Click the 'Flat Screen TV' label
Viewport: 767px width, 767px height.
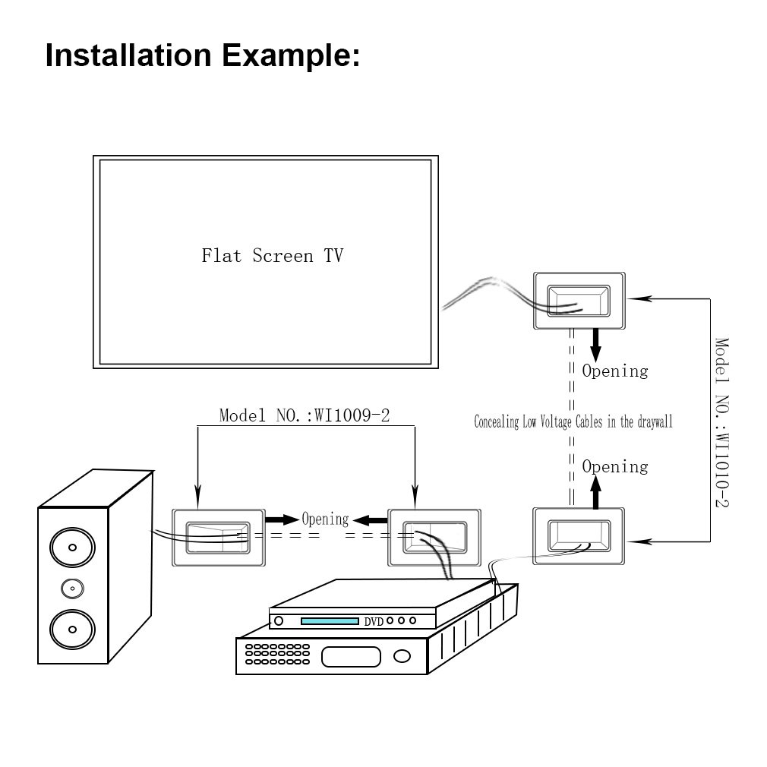[x=273, y=256]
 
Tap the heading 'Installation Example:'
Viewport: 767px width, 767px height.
[x=203, y=55]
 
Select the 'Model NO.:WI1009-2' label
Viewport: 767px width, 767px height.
[x=305, y=416]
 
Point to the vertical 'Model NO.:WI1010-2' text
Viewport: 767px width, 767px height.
[x=722, y=423]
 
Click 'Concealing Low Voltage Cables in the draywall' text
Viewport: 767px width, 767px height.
[x=573, y=422]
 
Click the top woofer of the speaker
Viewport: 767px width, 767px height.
[x=72, y=548]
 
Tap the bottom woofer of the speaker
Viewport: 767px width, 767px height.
[x=72, y=630]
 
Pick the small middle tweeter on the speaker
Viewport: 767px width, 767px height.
[x=72, y=589]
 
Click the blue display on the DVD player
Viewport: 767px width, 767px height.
[x=330, y=621]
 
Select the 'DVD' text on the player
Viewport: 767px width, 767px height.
[x=374, y=622]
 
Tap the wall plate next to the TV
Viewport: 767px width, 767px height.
[x=579, y=301]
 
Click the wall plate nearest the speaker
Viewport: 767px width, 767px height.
[x=219, y=538]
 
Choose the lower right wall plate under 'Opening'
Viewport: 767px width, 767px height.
[x=579, y=536]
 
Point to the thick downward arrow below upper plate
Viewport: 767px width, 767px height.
[x=595, y=346]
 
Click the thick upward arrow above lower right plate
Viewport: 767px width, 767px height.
[x=595, y=492]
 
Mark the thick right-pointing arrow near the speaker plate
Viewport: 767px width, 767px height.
[x=282, y=519]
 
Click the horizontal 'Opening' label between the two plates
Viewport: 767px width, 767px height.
[x=325, y=519]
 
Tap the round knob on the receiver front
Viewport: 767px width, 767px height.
[x=402, y=656]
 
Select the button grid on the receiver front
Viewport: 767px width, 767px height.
[x=277, y=654]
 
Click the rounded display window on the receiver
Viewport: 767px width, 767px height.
[x=351, y=657]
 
